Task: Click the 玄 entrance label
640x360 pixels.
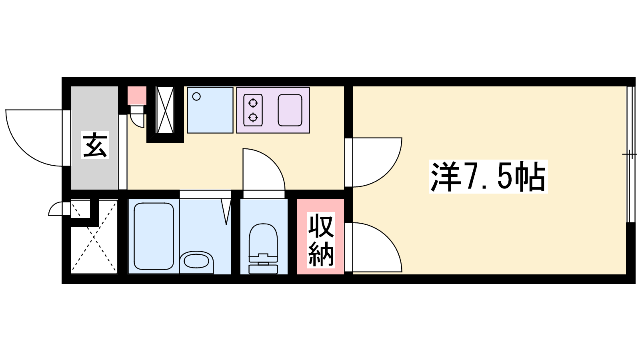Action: pyautogui.click(x=95, y=145)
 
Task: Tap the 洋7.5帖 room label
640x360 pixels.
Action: pyautogui.click(x=488, y=176)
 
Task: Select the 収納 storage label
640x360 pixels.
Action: pyautogui.click(x=321, y=240)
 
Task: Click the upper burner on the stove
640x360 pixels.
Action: pyautogui.click(x=253, y=103)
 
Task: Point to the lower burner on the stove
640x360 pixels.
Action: pyautogui.click(x=253, y=117)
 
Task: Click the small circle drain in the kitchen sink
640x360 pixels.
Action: pyautogui.click(x=196, y=96)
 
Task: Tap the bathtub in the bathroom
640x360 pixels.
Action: pyautogui.click(x=154, y=236)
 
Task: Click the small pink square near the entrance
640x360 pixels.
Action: pyautogui.click(x=137, y=96)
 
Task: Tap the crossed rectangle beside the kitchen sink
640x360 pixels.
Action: pyautogui.click(x=165, y=110)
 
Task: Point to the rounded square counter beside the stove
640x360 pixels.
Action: pyautogui.click(x=290, y=110)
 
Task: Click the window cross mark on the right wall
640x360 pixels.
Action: pyautogui.click(x=630, y=154)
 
